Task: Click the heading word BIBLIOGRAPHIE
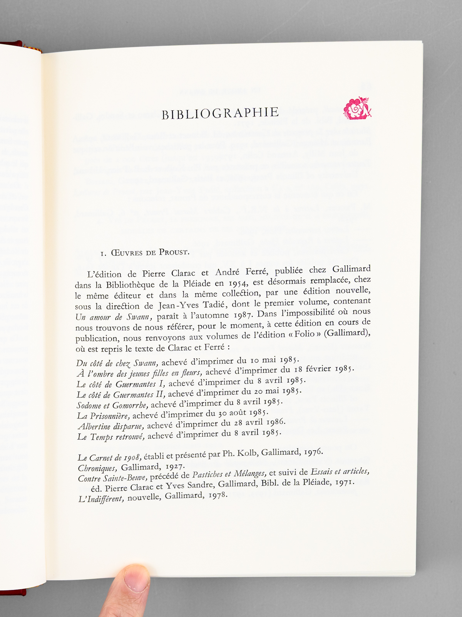pos(220,113)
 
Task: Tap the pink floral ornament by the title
pos(357,108)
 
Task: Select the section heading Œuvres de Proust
pos(144,253)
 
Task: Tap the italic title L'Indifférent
pos(101,499)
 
